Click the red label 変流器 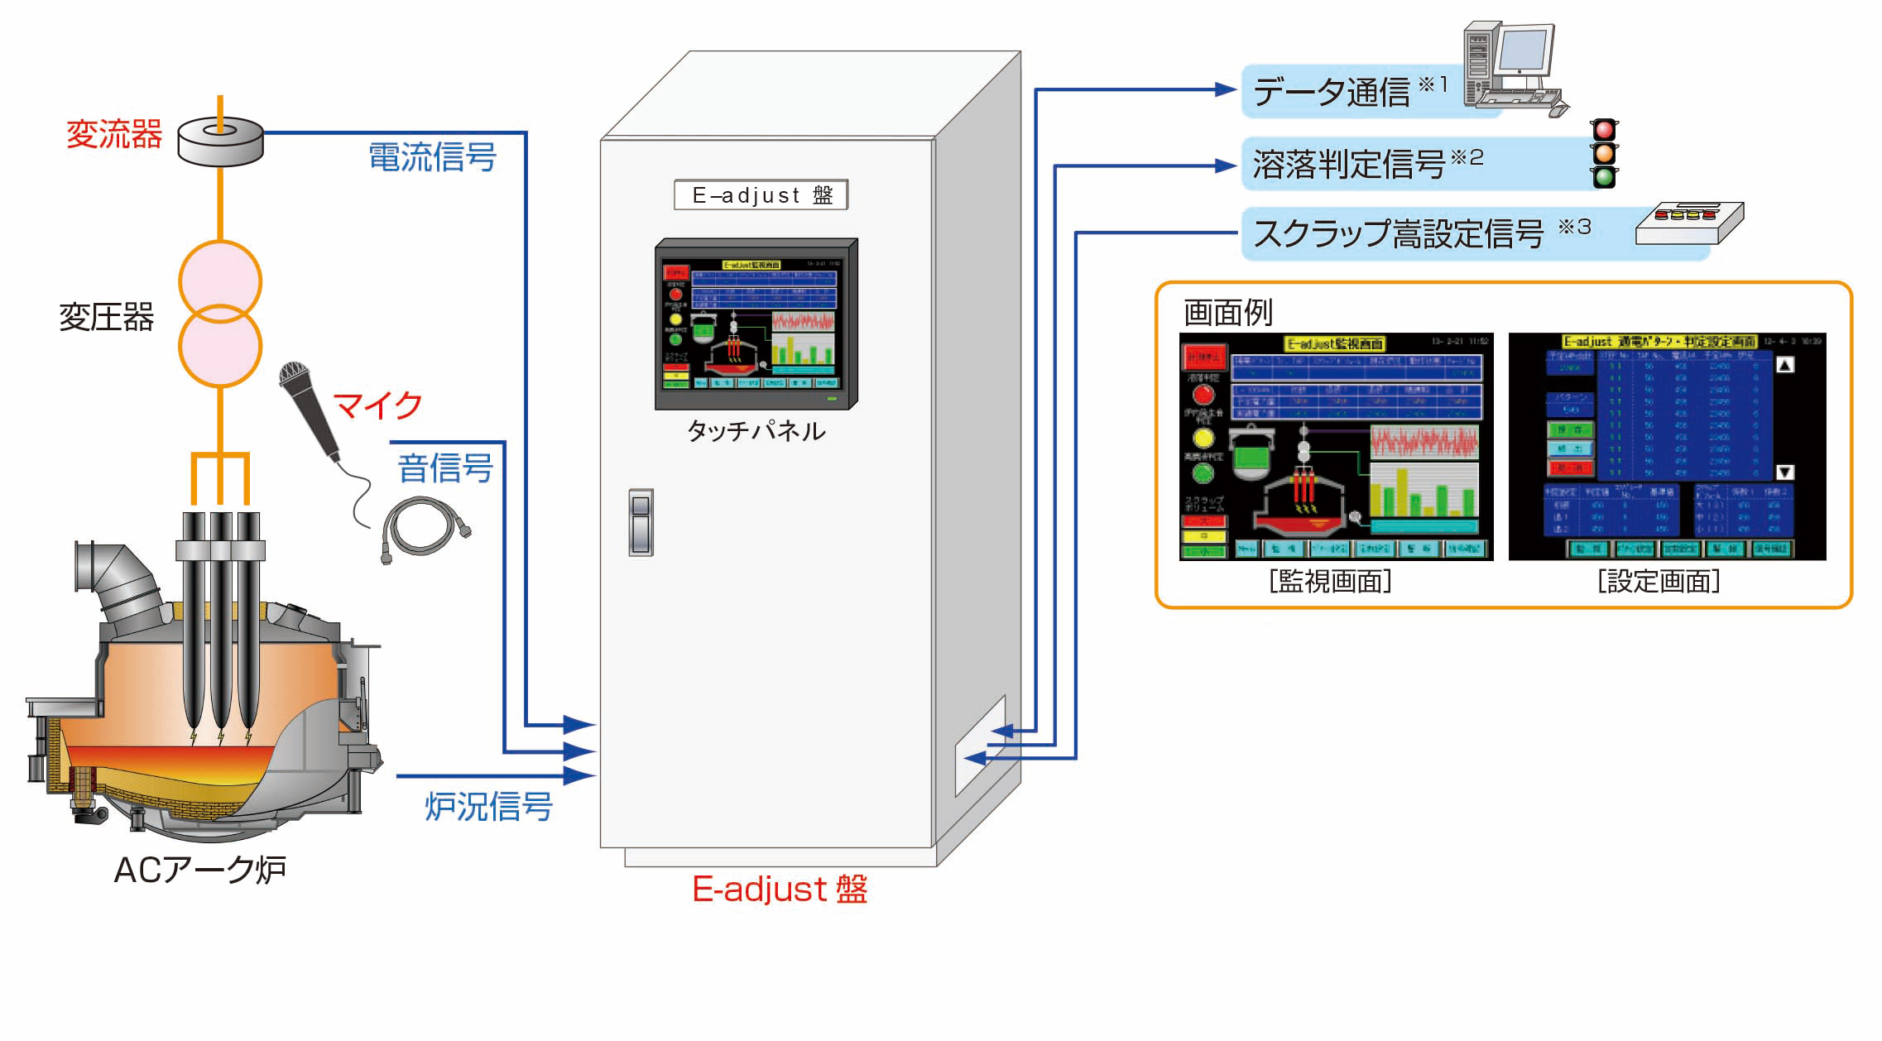coord(114,134)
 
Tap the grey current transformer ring coord(221,142)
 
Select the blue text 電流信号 coord(432,156)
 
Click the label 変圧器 coord(106,317)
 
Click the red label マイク coord(377,405)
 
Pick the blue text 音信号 coord(445,468)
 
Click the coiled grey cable coord(424,527)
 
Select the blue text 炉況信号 coord(488,806)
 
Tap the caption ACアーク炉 coord(199,870)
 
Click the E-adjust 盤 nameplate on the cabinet coord(761,195)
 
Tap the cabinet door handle coord(641,522)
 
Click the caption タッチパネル coord(756,430)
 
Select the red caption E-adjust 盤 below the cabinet coord(780,890)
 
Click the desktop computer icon coord(1510,70)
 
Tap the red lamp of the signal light coord(1604,131)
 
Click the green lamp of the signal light coord(1604,176)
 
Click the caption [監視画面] coord(1330,582)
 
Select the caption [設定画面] coord(1659,582)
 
